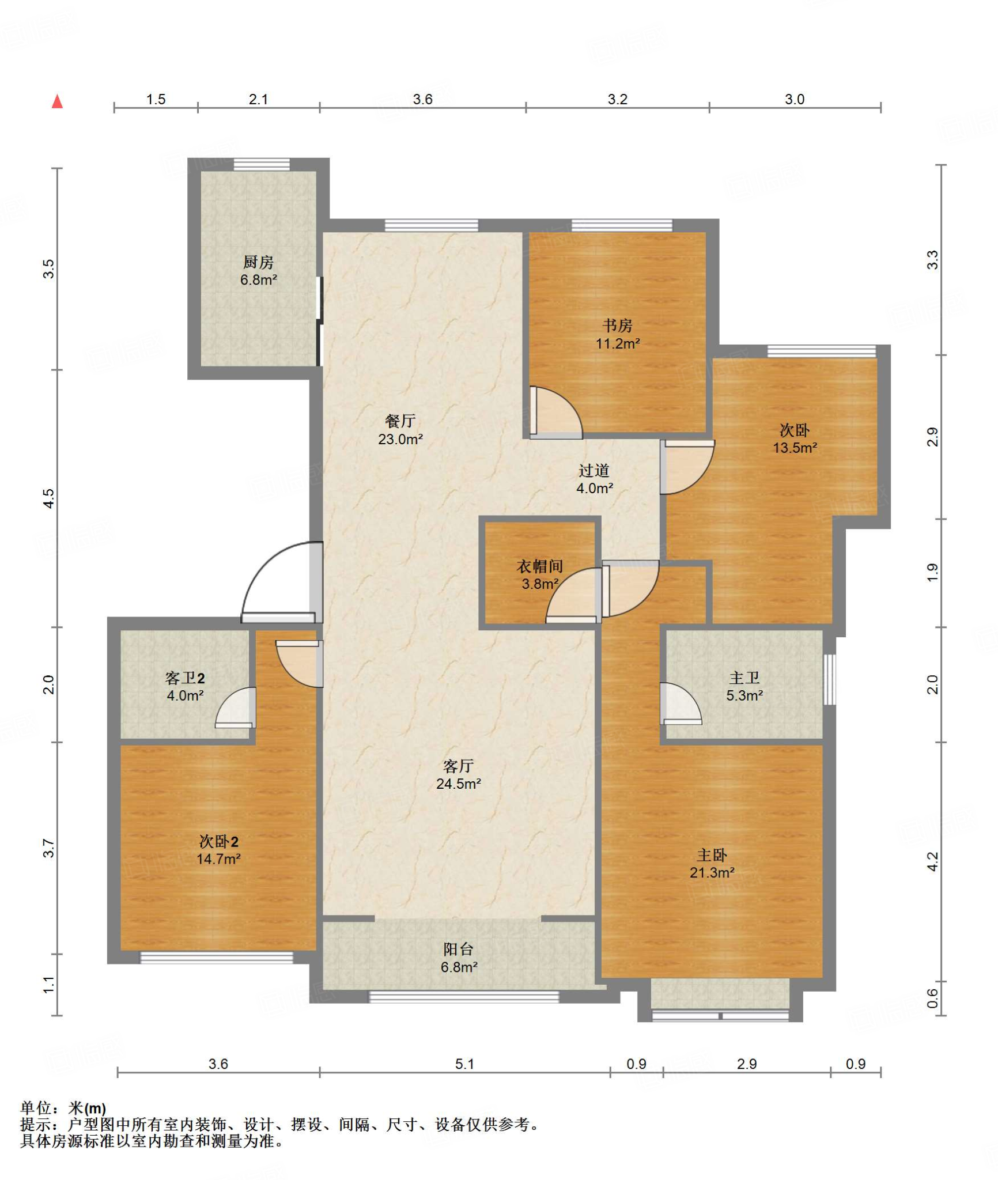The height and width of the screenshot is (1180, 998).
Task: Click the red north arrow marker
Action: click(x=57, y=101)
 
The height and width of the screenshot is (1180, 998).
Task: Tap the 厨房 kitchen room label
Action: click(x=258, y=271)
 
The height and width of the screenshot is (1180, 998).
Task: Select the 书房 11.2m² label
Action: click(x=618, y=334)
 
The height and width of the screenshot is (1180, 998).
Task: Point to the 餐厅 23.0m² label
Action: click(x=400, y=430)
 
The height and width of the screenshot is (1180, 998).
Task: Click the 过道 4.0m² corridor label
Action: click(x=595, y=479)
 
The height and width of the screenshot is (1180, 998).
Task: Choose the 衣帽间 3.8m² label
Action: click(x=540, y=574)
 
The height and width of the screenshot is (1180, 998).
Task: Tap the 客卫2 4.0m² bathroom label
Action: click(x=185, y=686)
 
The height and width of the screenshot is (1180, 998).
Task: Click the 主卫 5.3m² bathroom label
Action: click(x=744, y=686)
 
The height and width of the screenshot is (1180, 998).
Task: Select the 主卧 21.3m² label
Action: click(x=712, y=864)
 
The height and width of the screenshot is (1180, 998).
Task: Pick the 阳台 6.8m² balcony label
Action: click(x=459, y=958)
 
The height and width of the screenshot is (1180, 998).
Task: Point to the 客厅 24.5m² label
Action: click(x=459, y=774)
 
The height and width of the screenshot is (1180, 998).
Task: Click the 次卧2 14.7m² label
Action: click(x=218, y=850)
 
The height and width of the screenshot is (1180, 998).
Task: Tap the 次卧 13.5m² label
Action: click(x=795, y=438)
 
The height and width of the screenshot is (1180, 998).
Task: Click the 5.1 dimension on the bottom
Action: click(x=464, y=1064)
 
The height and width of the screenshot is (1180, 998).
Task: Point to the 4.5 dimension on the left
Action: click(x=49, y=498)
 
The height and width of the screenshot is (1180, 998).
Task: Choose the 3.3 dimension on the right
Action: click(x=932, y=260)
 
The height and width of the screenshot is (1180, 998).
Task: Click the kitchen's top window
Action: click(x=262, y=164)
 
